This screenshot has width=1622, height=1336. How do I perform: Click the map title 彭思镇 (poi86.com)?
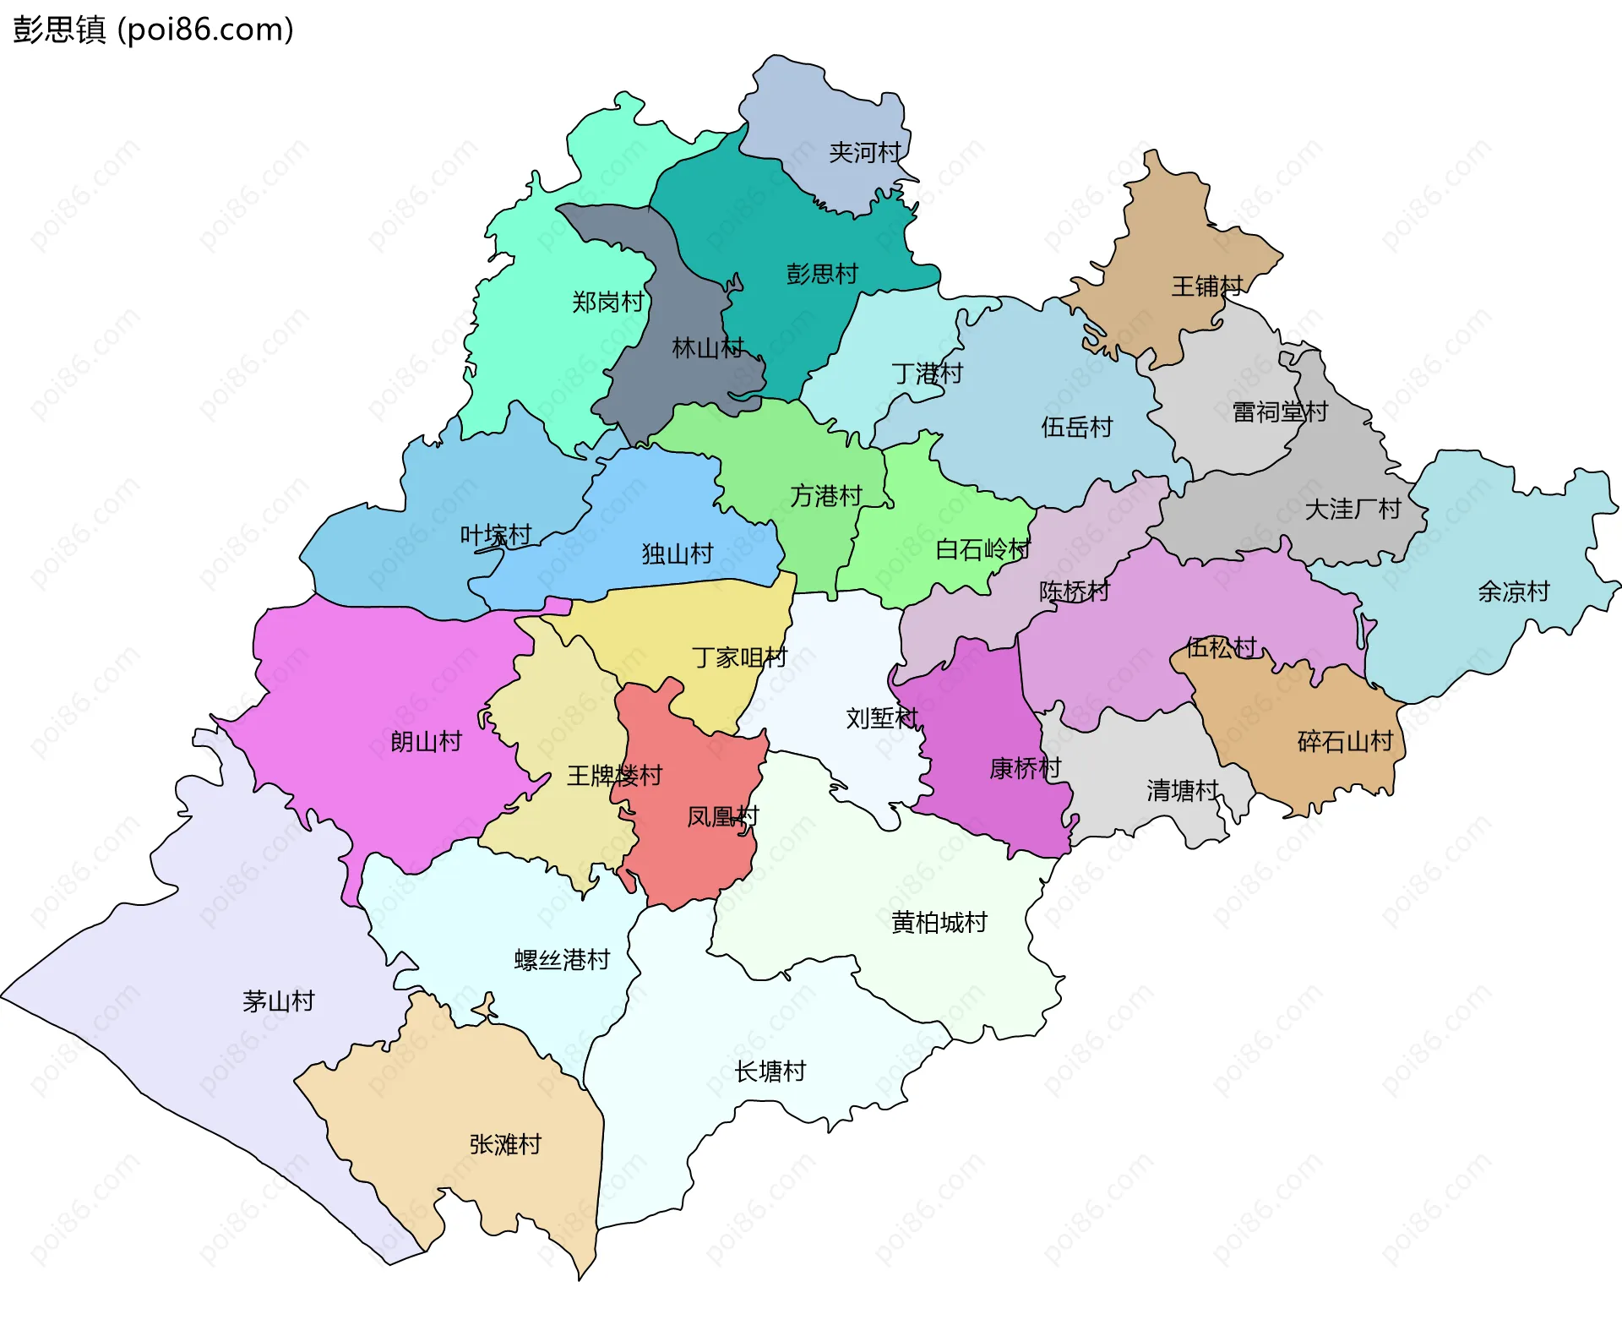pyautogui.click(x=153, y=30)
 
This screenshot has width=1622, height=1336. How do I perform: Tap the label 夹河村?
pyautogui.click(x=865, y=153)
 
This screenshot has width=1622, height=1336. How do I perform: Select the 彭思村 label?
pyautogui.click(x=822, y=274)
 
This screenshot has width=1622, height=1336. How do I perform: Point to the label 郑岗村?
pyautogui.click(x=607, y=302)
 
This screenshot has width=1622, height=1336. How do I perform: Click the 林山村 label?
pyautogui.click(x=707, y=347)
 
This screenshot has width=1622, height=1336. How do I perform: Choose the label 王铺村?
pyautogui.click(x=1206, y=286)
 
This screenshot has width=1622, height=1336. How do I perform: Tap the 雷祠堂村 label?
pyautogui.click(x=1279, y=412)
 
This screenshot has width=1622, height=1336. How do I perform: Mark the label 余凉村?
pyautogui.click(x=1513, y=592)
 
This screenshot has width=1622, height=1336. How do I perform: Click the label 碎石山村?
pyautogui.click(x=1345, y=742)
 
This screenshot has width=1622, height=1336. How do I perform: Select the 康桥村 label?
pyautogui.click(x=1025, y=768)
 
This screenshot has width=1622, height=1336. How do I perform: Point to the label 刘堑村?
pyautogui.click(x=882, y=718)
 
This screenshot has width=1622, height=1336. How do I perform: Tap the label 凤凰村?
pyautogui.click(x=722, y=816)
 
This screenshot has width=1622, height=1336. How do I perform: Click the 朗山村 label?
pyautogui.click(x=426, y=742)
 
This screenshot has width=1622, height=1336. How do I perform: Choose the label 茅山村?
pyautogui.click(x=278, y=1001)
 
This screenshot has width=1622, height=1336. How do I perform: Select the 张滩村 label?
pyautogui.click(x=505, y=1144)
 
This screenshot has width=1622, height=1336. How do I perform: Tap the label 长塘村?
pyautogui.click(x=770, y=1072)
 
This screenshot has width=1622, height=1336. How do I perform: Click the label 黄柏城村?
pyautogui.click(x=939, y=923)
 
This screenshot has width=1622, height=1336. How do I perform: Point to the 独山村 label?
pyautogui.click(x=677, y=553)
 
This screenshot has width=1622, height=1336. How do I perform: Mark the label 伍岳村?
pyautogui.click(x=1076, y=427)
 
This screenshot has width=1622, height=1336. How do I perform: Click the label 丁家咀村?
pyautogui.click(x=739, y=657)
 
